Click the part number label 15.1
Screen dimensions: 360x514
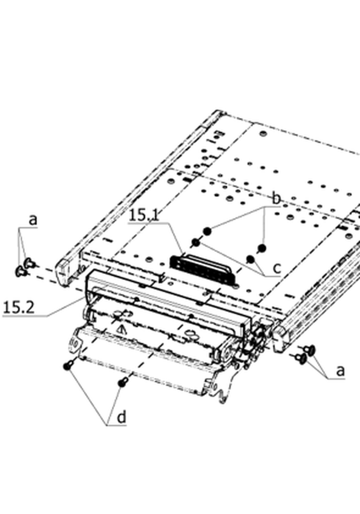[144, 215]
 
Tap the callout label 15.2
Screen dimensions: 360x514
[18, 308]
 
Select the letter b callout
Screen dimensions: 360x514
[277, 198]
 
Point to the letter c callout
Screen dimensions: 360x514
[277, 268]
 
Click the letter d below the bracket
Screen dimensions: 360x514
[121, 418]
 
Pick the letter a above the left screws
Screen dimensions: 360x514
[33, 220]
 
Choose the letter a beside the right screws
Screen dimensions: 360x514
[340, 371]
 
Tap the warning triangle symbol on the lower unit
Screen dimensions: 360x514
[122, 330]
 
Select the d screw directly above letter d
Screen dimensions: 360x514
[123, 382]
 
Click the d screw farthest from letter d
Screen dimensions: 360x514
[68, 365]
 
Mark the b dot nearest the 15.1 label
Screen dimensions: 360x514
[207, 231]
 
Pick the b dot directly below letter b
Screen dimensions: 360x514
[262, 248]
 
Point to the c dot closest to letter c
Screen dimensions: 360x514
[251, 259]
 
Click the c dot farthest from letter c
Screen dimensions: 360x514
[196, 242]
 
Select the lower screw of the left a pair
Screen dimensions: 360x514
[21, 271]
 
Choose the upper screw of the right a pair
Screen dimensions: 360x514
[309, 350]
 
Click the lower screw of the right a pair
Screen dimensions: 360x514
[301, 358]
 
